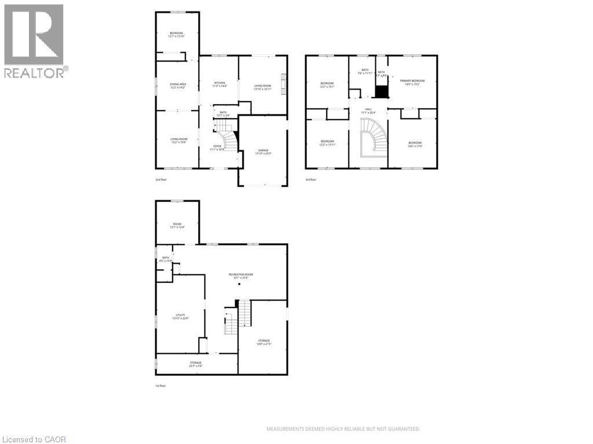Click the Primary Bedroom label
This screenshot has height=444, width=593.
[412, 82]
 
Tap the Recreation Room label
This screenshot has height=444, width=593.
[240, 276]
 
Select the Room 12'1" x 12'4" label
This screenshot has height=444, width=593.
[177, 225]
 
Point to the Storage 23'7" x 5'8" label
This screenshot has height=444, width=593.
[195, 364]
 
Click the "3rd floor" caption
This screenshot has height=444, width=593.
[311, 180]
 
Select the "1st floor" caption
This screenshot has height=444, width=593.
[160, 386]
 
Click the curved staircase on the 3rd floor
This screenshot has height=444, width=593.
[371, 138]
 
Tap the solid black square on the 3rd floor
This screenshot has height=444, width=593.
[382, 92]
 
